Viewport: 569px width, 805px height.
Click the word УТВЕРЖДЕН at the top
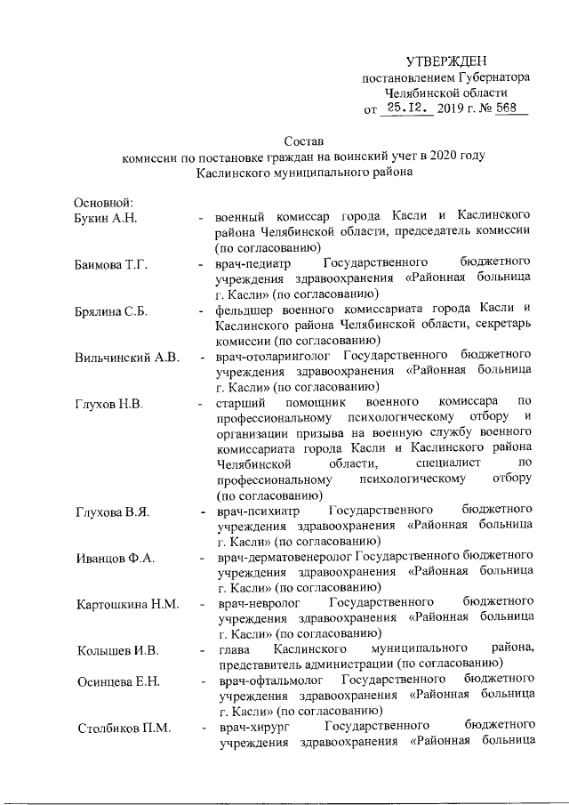click(446, 60)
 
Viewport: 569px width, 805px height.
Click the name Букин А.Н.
click(104, 217)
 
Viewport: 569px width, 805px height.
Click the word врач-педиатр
click(254, 264)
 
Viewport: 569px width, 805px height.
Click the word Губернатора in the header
click(489, 77)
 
